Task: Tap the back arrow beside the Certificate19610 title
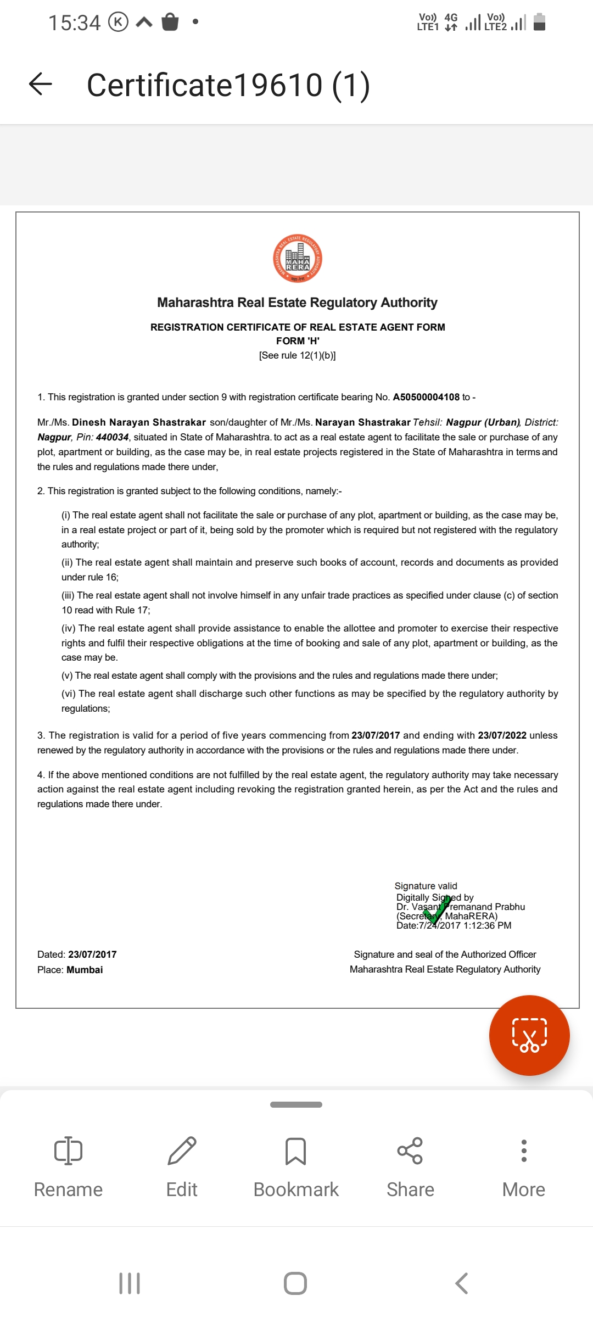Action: pos(40,84)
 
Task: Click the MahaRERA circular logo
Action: pos(298,259)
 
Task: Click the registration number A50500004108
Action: pos(426,397)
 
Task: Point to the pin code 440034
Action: pos(112,437)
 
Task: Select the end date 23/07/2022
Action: pos(502,735)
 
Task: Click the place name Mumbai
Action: pos(85,970)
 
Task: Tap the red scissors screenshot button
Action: pos(529,1035)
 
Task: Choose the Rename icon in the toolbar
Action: pos(68,1151)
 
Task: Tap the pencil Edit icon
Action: pos(182,1151)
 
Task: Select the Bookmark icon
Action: pos(296,1151)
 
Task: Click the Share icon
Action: pos(410,1151)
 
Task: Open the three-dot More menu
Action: pos(524,1151)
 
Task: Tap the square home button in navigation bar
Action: pos(295,1283)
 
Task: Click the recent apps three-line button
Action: pos(130,1283)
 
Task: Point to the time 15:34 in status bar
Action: pos(75,23)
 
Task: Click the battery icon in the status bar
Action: pos(539,22)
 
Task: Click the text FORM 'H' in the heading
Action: pos(298,341)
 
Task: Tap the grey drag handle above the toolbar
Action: pos(296,1104)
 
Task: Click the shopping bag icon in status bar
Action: pos(170,22)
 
